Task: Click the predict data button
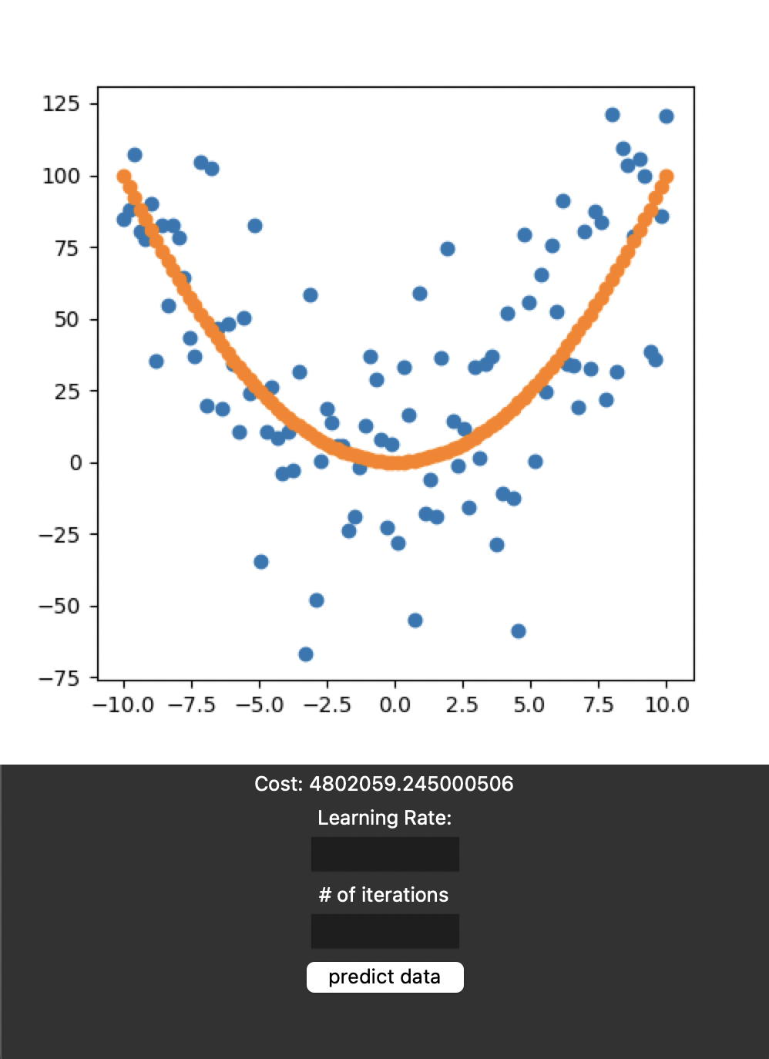tap(384, 977)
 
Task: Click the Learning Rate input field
tap(384, 854)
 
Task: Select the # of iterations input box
tap(384, 931)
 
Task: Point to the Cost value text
tap(384, 784)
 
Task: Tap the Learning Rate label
tap(384, 818)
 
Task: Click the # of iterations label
tap(384, 895)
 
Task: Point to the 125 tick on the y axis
tap(62, 103)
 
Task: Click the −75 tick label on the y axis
tap(59, 678)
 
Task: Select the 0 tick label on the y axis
tap(76, 463)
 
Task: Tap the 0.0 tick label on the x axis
tap(395, 704)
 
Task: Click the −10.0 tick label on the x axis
tap(123, 704)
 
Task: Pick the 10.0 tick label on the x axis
tap(667, 704)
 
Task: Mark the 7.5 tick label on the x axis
tap(599, 704)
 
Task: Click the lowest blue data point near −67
tap(306, 654)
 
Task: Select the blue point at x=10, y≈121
tap(667, 116)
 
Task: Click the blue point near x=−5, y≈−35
tap(261, 562)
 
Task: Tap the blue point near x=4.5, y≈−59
tap(519, 631)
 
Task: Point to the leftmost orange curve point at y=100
tap(124, 176)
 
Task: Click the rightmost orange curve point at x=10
tap(667, 176)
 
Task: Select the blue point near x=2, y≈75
tap(448, 249)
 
